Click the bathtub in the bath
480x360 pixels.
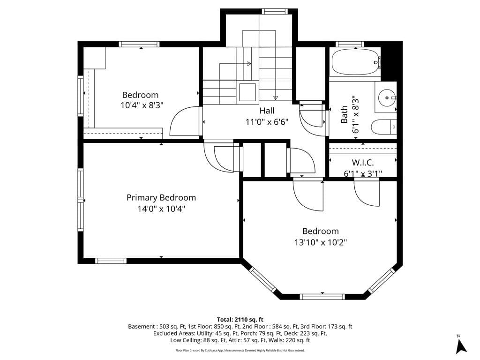click(x=355, y=62)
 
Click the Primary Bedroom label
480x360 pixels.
click(x=161, y=198)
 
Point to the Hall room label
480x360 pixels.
click(x=267, y=111)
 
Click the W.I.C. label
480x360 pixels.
click(x=363, y=163)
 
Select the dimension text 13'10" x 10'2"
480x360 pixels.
click(x=321, y=242)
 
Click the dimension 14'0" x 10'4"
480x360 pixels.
click(x=161, y=209)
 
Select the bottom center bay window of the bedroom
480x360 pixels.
click(x=322, y=296)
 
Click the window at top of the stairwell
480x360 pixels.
click(x=274, y=11)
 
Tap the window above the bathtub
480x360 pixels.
click(x=350, y=44)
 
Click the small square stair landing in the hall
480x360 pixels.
click(x=248, y=91)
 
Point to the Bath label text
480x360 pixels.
click(x=345, y=114)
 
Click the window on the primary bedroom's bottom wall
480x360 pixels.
click(x=111, y=261)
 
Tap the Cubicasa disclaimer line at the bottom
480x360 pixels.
click(x=240, y=350)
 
